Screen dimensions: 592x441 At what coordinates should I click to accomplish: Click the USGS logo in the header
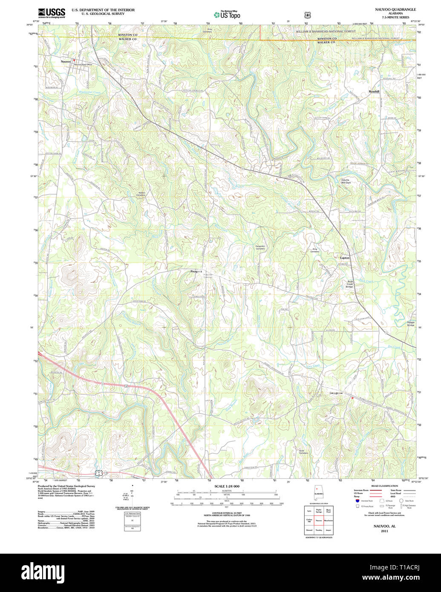click(x=52, y=13)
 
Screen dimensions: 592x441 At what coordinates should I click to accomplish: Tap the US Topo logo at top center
click(x=227, y=14)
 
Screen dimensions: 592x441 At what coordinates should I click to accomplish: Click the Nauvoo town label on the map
click(x=66, y=62)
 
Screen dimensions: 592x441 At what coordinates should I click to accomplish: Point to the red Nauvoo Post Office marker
click(x=74, y=60)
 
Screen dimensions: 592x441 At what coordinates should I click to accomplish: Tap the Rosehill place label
click(x=374, y=92)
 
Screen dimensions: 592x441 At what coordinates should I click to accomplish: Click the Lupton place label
click(x=345, y=258)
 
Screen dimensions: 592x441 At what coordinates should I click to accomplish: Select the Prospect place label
click(x=196, y=271)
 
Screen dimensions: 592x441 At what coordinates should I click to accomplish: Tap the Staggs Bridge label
click(x=410, y=324)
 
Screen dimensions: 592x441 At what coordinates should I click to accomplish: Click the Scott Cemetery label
click(x=303, y=452)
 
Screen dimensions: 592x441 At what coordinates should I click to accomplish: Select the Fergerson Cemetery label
click(x=260, y=247)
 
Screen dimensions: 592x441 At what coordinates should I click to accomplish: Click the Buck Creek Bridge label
click(x=350, y=284)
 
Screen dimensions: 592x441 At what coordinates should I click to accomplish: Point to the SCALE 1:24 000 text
click(x=227, y=486)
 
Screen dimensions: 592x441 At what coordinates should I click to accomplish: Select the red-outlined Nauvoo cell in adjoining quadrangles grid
click(x=318, y=520)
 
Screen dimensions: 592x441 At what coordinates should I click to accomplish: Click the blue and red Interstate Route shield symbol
click(x=357, y=501)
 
